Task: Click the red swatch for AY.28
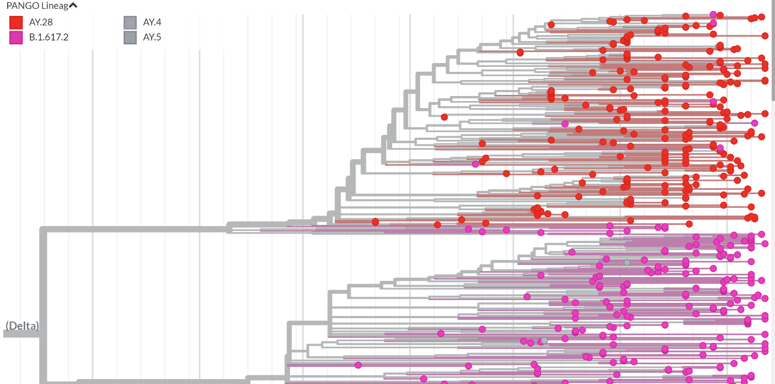coord(16,22)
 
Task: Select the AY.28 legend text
coord(41,22)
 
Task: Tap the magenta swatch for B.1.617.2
coord(16,37)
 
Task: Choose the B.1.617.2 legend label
coord(48,37)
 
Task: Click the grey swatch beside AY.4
coord(130,22)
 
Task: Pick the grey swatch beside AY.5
coord(130,37)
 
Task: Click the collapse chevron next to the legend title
coord(73,6)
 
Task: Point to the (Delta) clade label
coord(22,326)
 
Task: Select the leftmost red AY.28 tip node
coord(375,222)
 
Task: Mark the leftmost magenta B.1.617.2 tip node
coord(358,365)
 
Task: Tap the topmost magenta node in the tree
coord(713,14)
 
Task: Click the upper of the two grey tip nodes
coord(627,262)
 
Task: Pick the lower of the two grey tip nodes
coord(544,341)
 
